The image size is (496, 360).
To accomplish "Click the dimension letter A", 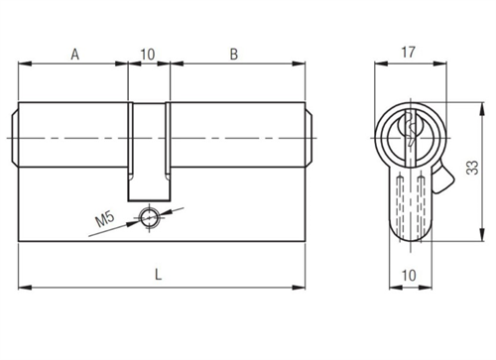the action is click(x=75, y=55).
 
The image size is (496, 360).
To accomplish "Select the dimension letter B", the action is click(x=234, y=55).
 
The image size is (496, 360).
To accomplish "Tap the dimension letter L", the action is click(x=159, y=274).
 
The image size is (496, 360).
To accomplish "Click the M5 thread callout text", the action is click(x=105, y=219).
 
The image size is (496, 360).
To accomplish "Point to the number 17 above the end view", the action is click(x=408, y=53).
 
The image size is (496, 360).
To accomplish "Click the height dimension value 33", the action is click(x=472, y=167).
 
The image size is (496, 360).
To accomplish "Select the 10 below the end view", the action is click(x=409, y=275).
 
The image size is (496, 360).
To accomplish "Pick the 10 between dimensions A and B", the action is click(x=148, y=55).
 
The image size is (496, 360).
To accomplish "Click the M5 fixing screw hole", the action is click(x=149, y=217).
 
